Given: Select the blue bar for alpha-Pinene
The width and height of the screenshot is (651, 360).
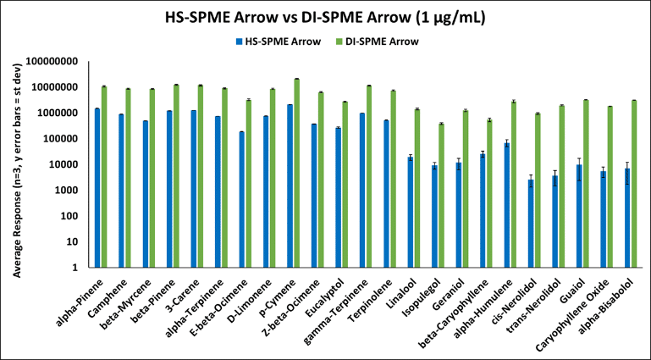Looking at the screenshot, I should [98, 187].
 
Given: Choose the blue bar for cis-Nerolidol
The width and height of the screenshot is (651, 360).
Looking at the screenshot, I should [530, 224].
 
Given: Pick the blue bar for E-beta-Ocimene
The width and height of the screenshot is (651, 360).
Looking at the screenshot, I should [241, 199].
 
